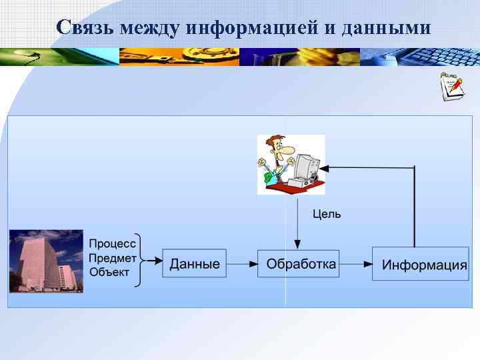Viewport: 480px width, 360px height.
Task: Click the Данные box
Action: pyautogui.click(x=194, y=264)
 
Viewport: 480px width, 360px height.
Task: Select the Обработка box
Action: pyautogui.click(x=301, y=264)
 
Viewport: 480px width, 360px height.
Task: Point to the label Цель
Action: pyautogui.click(x=327, y=214)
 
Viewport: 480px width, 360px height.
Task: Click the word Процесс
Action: pyautogui.click(x=112, y=245)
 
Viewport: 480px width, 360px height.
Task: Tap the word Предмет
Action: pyautogui.click(x=113, y=258)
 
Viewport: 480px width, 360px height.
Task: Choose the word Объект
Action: pyautogui.click(x=109, y=271)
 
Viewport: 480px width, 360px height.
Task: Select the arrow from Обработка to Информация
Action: pyautogui.click(x=356, y=264)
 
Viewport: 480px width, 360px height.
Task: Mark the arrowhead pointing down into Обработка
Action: pyautogui.click(x=297, y=246)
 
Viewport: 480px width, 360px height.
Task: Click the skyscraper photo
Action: pyautogui.click(x=46, y=261)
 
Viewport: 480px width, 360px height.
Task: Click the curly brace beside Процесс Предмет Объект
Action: pyautogui.click(x=139, y=260)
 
